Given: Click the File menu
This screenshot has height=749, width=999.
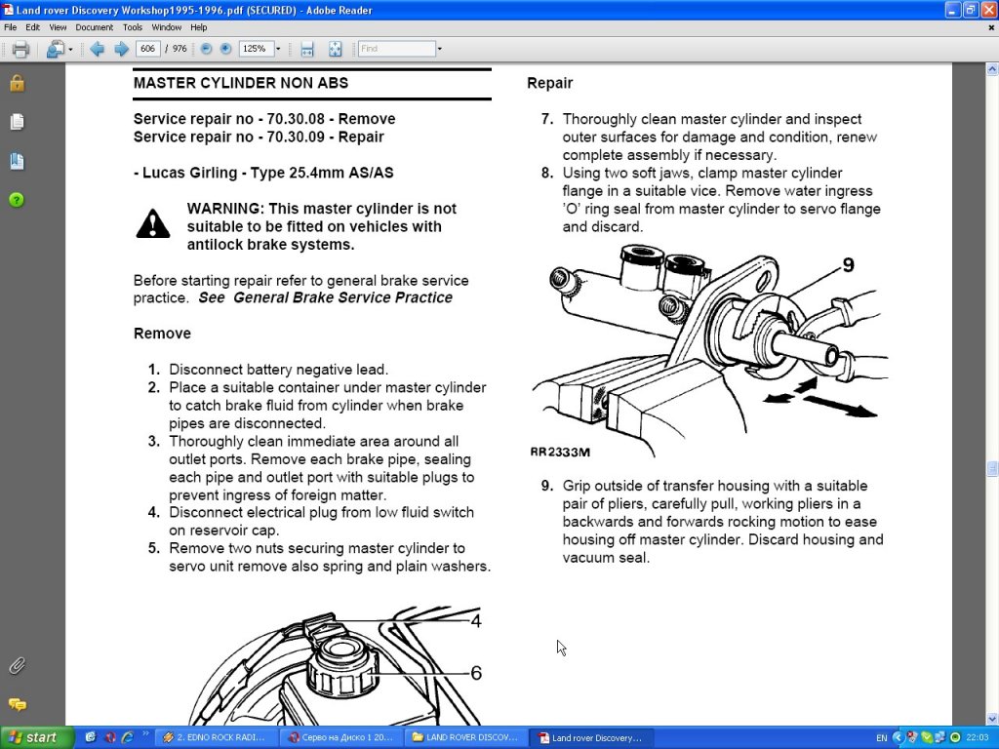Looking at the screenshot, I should point(11,27).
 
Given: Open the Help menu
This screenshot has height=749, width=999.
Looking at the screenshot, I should point(199,27).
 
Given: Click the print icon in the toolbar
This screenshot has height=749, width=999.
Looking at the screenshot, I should point(20,49).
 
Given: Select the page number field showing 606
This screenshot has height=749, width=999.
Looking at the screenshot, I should point(149,49).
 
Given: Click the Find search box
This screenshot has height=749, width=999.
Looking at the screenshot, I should point(396,49).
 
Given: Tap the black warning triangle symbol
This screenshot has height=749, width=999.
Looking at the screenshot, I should point(153,224).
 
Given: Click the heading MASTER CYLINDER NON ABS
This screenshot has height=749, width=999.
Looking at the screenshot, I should point(241,83).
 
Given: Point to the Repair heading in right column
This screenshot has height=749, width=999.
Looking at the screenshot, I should point(550,83).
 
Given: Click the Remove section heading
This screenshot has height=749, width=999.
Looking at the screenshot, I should point(162,334).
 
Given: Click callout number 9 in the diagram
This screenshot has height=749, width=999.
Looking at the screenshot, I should point(847,264).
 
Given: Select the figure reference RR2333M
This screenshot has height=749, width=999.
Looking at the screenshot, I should point(560,453).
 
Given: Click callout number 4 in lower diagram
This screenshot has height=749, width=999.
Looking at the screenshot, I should point(476,620).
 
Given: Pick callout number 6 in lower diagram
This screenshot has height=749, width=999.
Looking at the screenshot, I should point(476,672).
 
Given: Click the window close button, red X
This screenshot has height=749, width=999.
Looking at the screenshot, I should point(987,10).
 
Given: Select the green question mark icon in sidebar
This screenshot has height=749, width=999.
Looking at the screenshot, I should point(17,200).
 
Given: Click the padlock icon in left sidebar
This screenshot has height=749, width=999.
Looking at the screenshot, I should point(17,83).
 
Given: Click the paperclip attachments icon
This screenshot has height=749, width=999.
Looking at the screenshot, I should point(17,666).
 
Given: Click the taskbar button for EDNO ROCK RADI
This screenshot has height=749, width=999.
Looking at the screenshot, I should point(214,738).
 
